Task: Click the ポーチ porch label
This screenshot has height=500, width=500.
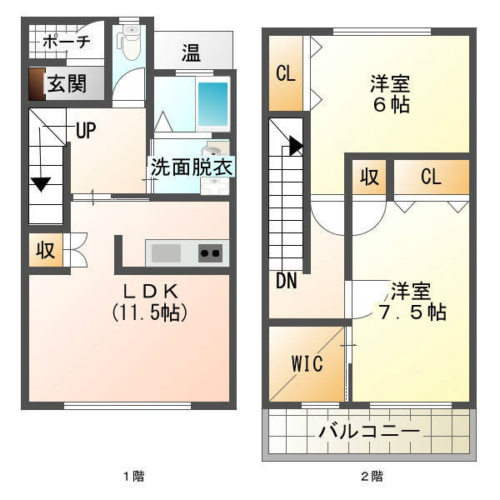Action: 67,41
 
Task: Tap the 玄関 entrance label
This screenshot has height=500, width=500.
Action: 67,83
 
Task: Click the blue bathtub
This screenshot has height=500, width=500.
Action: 213,105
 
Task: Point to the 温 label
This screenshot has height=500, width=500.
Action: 192,52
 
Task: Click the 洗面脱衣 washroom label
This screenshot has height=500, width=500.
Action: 192,167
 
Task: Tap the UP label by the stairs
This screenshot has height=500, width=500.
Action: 86,130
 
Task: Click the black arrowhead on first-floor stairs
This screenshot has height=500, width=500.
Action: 41,184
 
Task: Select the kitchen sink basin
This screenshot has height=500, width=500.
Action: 166,252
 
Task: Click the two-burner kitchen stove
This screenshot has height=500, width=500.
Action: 211,253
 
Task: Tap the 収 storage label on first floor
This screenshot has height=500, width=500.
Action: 46,250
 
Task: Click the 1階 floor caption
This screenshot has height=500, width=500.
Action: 134,477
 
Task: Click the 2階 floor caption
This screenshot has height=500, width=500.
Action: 372,477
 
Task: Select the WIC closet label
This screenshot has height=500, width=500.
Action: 307,363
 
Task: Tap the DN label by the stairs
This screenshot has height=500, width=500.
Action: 287,281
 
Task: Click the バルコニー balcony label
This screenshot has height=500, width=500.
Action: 369,432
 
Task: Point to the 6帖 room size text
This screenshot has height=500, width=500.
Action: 392,104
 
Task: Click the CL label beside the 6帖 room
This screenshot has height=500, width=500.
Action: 286,73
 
